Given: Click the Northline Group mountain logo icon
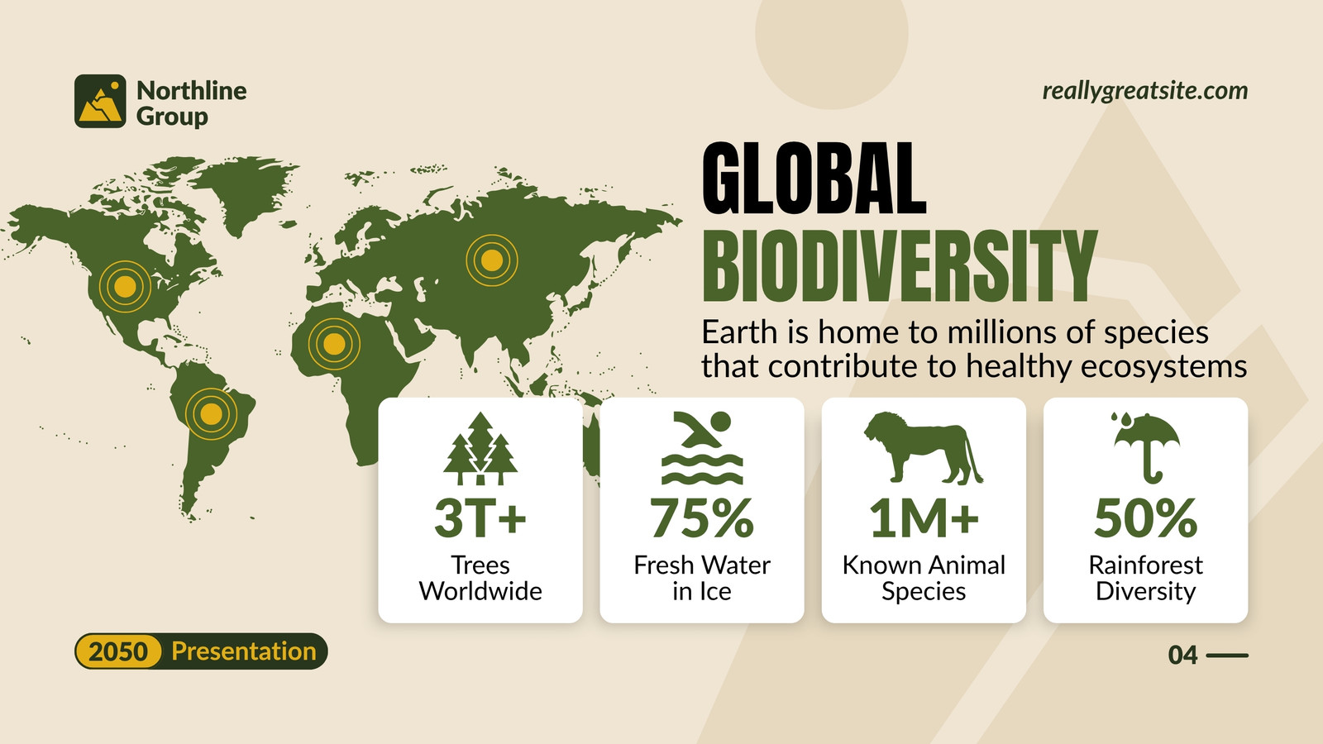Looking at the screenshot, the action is click(x=100, y=101).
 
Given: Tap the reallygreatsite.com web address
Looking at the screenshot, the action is click(x=1144, y=91).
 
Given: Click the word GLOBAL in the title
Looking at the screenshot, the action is click(x=814, y=178).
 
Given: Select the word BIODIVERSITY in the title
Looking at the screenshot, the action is click(x=900, y=266).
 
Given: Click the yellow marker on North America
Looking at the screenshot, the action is click(x=125, y=286).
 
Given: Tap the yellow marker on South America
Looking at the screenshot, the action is click(x=211, y=414).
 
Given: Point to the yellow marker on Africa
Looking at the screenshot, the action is click(x=334, y=344).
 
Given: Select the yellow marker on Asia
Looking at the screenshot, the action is click(x=491, y=260).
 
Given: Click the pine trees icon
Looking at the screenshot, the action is click(x=480, y=448).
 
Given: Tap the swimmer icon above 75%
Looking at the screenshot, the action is click(x=702, y=448).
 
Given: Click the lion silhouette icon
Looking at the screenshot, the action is click(x=923, y=448).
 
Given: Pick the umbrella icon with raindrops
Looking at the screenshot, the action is click(x=1146, y=448).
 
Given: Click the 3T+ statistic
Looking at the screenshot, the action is click(x=480, y=517).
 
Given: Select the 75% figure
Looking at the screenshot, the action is click(x=702, y=517).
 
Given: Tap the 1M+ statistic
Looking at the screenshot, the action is click(x=923, y=517).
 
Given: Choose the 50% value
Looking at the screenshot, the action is click(x=1146, y=517).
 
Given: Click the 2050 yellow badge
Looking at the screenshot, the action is click(x=118, y=652).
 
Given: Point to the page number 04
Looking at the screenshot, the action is click(x=1182, y=656).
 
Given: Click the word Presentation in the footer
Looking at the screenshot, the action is click(x=244, y=651).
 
